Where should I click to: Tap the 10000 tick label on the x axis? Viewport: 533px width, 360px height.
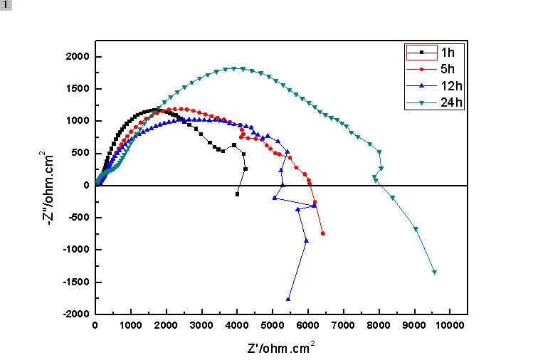click(x=449, y=326)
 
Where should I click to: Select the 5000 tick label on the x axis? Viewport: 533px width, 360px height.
click(x=272, y=326)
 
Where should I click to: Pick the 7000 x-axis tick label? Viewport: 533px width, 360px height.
click(x=343, y=326)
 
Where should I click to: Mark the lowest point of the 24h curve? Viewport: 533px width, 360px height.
click(x=434, y=272)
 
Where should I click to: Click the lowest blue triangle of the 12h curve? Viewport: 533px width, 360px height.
click(x=288, y=299)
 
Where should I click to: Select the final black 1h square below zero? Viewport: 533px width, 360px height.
click(x=237, y=194)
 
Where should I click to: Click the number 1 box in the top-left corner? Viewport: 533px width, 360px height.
click(x=6, y=5)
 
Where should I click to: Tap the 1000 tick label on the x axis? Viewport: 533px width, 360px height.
click(x=130, y=326)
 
